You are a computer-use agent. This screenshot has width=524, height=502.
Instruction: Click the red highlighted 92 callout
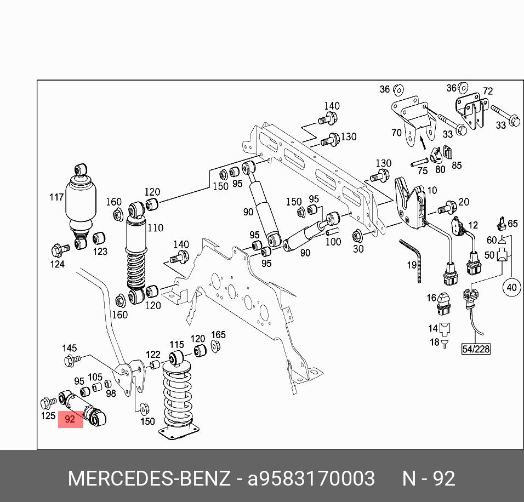tap(70, 419)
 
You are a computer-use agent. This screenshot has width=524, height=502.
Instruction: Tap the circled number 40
tap(511, 287)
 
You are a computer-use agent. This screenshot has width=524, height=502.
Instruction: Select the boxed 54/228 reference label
tap(475, 349)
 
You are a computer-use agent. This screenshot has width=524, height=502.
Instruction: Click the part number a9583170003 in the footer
tap(311, 478)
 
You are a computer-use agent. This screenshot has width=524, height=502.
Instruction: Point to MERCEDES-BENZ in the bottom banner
tap(149, 478)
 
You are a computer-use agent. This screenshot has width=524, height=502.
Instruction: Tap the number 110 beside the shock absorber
tap(155, 227)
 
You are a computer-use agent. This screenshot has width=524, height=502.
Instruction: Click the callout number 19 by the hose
tap(411, 265)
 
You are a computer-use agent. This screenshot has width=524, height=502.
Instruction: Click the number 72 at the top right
tap(487, 91)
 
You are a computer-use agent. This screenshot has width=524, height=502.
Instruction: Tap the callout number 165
tap(218, 335)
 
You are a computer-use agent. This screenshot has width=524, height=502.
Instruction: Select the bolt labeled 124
tap(60, 250)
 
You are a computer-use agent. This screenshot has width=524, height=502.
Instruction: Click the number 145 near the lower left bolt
tap(69, 348)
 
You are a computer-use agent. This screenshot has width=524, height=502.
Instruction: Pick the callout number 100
tap(333, 242)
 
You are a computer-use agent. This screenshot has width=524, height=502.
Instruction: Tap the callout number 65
tap(512, 223)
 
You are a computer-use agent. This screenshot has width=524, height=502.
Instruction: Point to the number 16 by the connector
tap(431, 298)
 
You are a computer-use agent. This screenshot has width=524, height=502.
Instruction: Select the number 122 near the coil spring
tap(153, 355)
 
